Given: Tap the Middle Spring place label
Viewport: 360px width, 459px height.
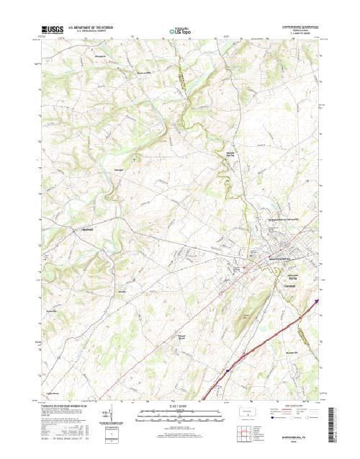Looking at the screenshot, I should coord(231,153).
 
